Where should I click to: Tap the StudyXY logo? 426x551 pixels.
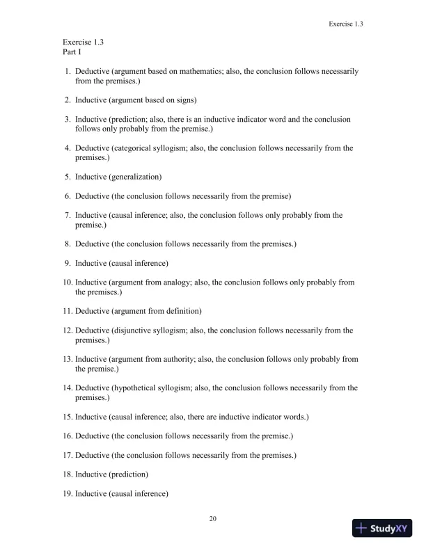(382, 528)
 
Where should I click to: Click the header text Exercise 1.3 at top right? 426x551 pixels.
(346, 24)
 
